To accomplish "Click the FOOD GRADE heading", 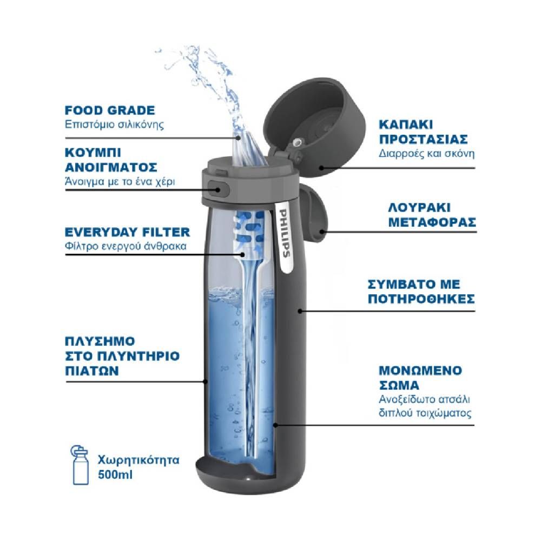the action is [x=110, y=110].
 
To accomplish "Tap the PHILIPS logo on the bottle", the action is [x=285, y=233].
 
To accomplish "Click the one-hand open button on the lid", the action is [x=219, y=189].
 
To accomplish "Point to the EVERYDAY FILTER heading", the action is [x=127, y=232].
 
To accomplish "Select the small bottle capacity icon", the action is [x=80, y=465].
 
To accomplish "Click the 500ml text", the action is [x=115, y=475].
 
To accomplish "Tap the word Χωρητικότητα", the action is [x=138, y=460].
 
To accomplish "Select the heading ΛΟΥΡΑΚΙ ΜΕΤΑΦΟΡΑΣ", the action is [x=432, y=215].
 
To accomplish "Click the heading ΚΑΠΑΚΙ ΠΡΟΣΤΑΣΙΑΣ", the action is [x=423, y=132].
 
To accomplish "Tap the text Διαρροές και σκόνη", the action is [x=426, y=154].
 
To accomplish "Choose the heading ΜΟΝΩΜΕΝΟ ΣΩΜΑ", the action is [x=420, y=378].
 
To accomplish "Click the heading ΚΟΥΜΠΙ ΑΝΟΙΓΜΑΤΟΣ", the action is [x=111, y=160].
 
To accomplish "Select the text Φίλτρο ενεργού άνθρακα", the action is [x=126, y=246].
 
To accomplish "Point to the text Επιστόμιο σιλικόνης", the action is [x=114, y=124].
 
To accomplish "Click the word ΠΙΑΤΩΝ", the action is [x=92, y=371].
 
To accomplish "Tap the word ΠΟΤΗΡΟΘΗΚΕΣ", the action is [x=421, y=299].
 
